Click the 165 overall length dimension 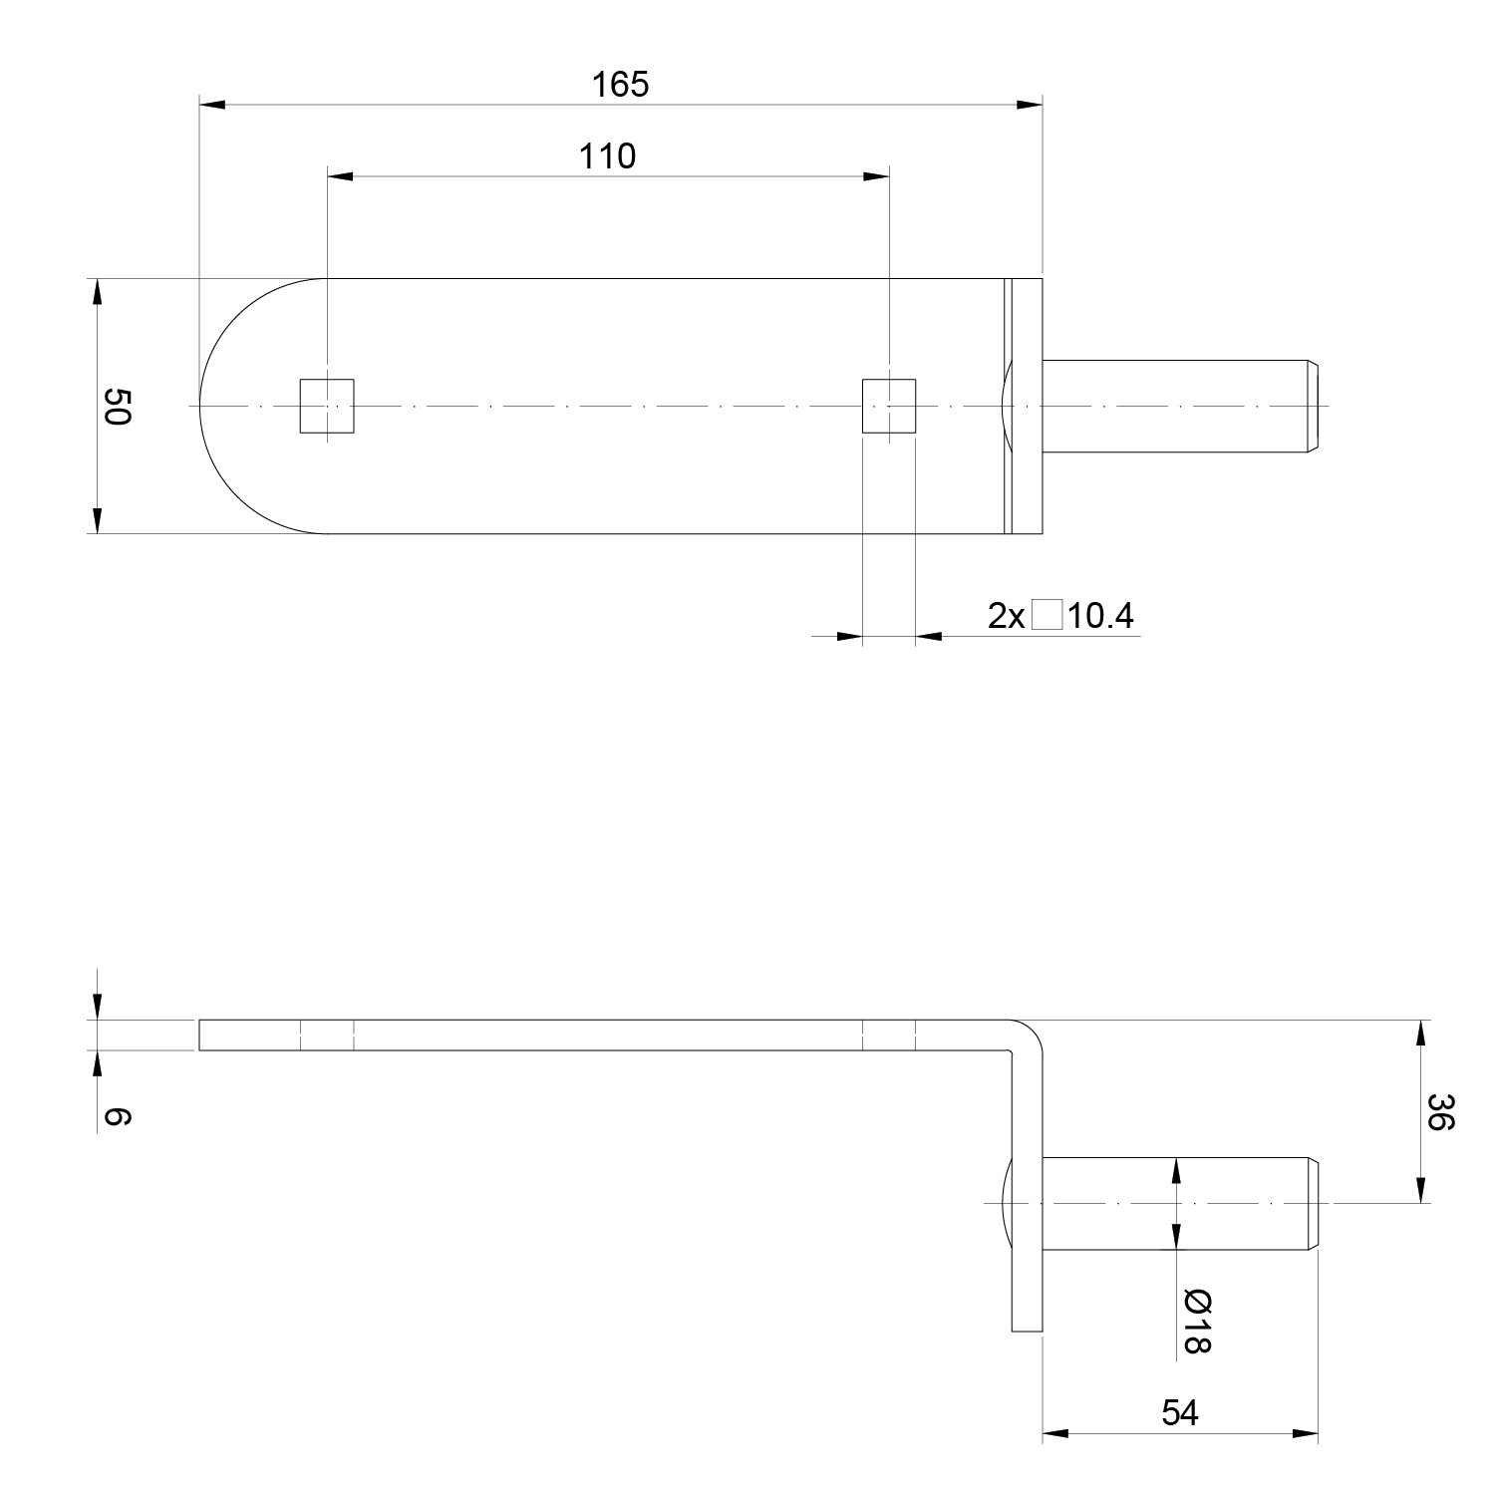(x=620, y=85)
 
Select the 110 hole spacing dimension (x=607, y=156)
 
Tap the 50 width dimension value (x=117, y=406)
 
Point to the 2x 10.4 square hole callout (x=1060, y=616)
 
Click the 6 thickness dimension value (x=117, y=1117)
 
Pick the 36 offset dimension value (x=1440, y=1112)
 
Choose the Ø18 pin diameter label (x=1196, y=1322)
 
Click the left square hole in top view (x=327, y=406)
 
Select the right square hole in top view (x=889, y=406)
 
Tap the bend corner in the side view (x=1030, y=1032)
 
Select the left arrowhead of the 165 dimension (x=212, y=105)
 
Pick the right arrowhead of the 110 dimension (x=876, y=176)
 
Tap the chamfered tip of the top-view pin (x=1313, y=406)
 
